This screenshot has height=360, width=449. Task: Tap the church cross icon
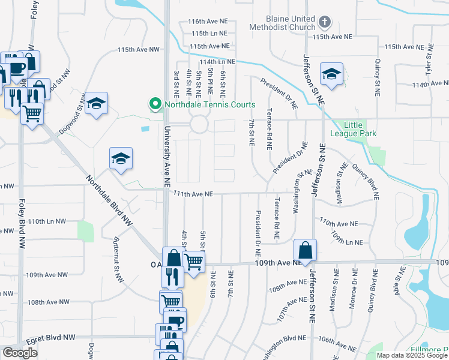click(x=324, y=23)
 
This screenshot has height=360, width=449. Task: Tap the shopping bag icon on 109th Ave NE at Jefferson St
click(x=306, y=250)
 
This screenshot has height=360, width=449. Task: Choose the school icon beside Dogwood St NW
click(x=95, y=103)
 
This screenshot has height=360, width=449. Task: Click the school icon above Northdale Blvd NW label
click(x=121, y=158)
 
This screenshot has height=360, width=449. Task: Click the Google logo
click(x=20, y=353)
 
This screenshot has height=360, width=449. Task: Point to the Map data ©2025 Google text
click(x=411, y=355)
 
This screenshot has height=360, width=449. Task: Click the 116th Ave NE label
click(x=207, y=21)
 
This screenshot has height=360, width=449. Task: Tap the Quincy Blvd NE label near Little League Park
click(x=366, y=181)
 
